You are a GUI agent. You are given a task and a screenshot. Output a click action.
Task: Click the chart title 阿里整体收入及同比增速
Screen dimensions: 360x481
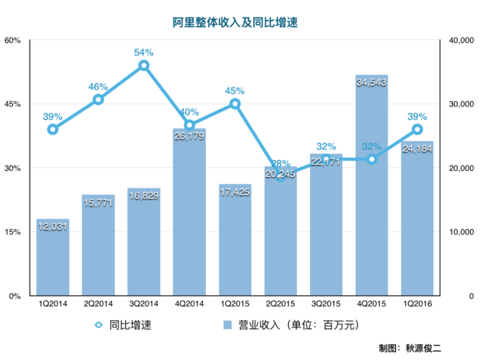[x=240, y=23]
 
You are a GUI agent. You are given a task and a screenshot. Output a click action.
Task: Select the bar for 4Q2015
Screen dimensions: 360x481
[x=371, y=188]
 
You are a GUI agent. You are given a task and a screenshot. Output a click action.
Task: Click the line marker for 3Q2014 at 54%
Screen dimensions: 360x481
[x=144, y=66]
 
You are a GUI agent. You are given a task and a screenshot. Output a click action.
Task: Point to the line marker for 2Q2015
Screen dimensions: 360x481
[x=280, y=175]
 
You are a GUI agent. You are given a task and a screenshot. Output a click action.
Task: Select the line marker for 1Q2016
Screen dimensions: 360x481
[x=417, y=130]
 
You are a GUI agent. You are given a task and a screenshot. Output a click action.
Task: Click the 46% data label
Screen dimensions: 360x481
[x=98, y=87]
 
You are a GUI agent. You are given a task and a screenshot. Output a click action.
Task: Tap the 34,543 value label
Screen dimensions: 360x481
[x=371, y=82]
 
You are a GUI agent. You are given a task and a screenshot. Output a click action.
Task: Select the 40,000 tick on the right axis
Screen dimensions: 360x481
[x=458, y=40]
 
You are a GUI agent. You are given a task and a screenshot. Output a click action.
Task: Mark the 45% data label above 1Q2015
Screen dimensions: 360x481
[x=234, y=91]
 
